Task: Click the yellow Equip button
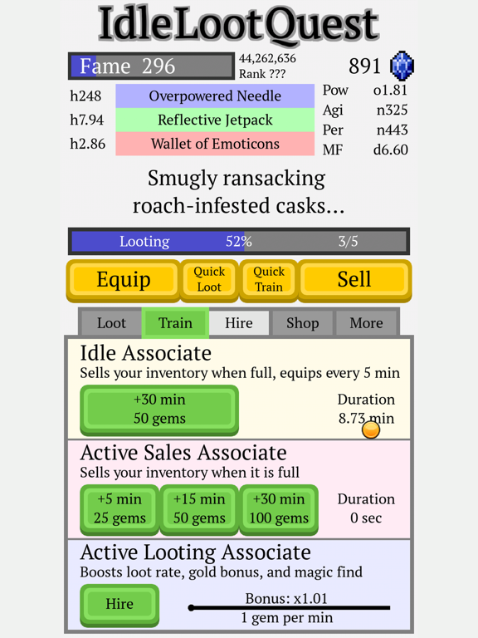tap(123, 280)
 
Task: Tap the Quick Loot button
tap(209, 280)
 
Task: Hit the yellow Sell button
tap(354, 280)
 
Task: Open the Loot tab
tap(111, 323)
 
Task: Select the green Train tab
tap(175, 323)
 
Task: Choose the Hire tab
tap(239, 323)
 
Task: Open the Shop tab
tap(302, 323)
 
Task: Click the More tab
tap(366, 323)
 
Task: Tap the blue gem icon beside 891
tap(402, 66)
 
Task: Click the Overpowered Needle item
tap(215, 96)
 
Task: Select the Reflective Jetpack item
tap(215, 120)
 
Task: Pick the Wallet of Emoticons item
tap(215, 144)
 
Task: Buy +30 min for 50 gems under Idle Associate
tap(159, 410)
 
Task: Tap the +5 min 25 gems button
tap(119, 509)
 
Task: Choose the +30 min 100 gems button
tap(279, 509)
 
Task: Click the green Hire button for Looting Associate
tap(119, 605)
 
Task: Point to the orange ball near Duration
tap(371, 429)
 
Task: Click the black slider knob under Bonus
tap(191, 608)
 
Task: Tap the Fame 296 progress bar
tap(151, 66)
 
